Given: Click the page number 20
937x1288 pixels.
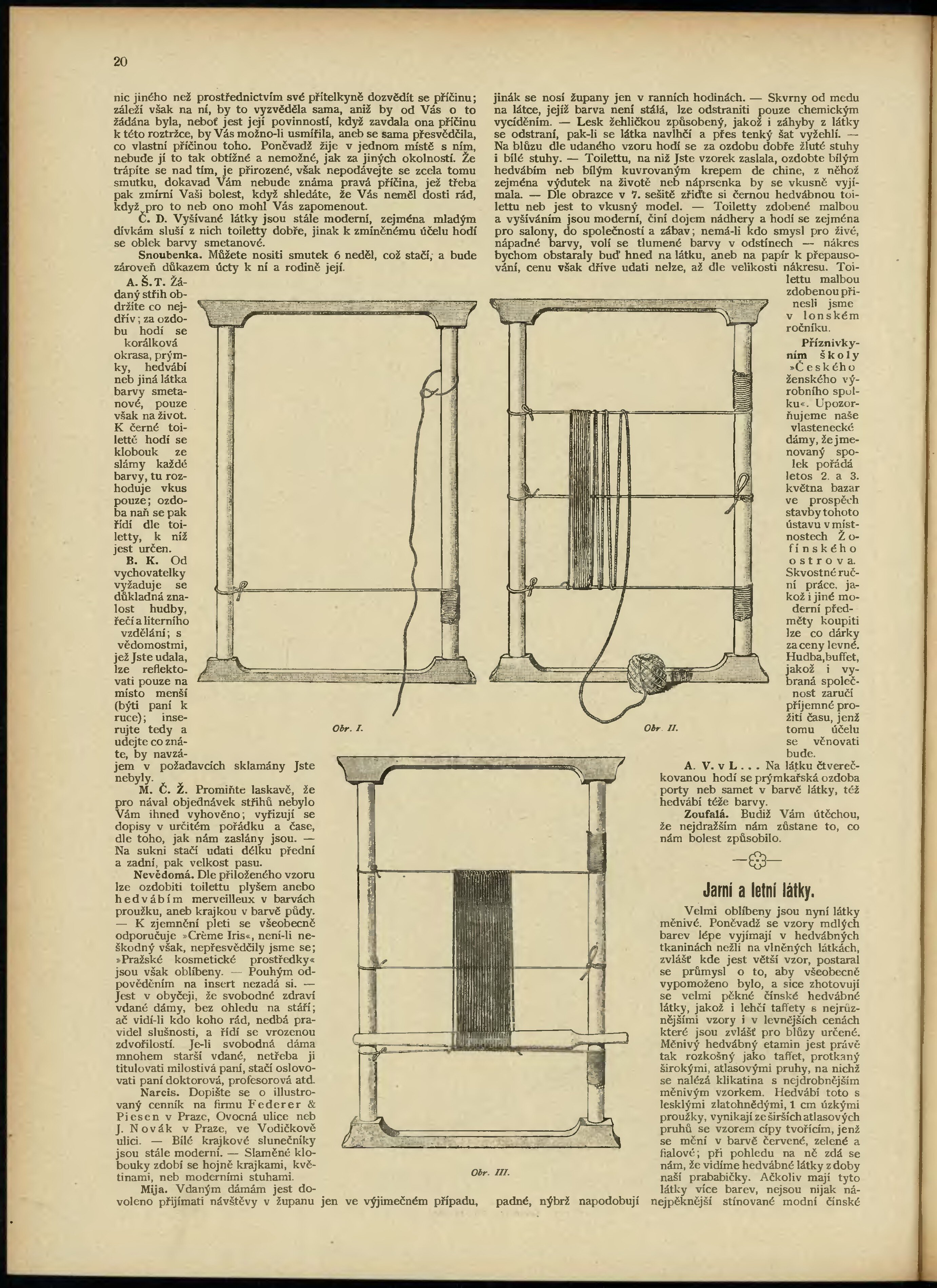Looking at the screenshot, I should click(x=120, y=62).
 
